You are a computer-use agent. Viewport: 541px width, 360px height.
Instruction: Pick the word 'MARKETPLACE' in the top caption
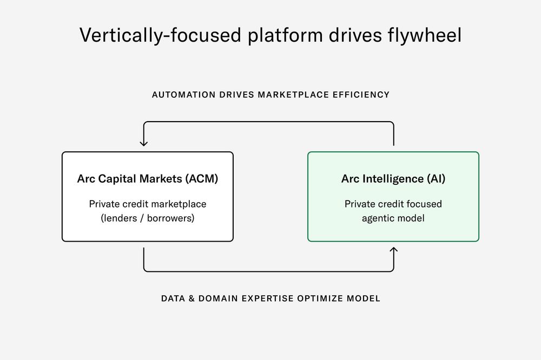tap(292, 95)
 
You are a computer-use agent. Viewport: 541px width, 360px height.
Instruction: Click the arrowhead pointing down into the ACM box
tap(144, 143)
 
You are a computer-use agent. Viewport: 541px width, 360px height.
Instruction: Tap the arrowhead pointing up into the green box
tap(393, 250)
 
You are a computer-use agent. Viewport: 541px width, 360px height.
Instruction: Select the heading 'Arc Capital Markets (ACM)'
tap(148, 179)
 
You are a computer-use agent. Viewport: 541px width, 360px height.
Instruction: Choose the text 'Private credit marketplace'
tap(148, 204)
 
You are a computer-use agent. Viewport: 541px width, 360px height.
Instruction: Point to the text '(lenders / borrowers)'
tap(148, 218)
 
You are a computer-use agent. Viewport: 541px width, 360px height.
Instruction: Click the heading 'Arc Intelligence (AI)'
tap(393, 179)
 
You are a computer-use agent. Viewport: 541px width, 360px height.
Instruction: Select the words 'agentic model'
tap(393, 218)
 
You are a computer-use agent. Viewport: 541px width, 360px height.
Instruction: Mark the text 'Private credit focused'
tap(393, 204)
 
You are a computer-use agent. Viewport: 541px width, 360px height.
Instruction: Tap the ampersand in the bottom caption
tap(192, 298)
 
